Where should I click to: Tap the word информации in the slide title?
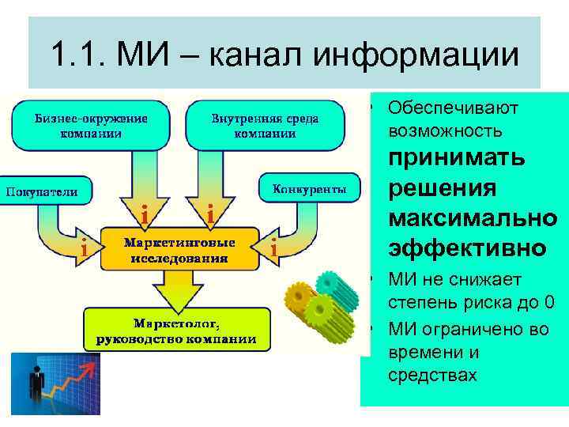click(416, 55)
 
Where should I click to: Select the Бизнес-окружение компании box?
click(91, 126)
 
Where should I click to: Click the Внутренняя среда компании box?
click(265, 126)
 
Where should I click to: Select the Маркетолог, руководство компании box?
click(176, 331)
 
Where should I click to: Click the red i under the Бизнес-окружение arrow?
click(143, 214)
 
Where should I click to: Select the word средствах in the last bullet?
click(432, 374)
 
